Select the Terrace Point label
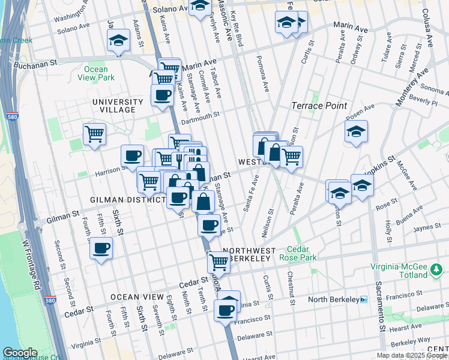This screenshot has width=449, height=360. (x=319, y=106)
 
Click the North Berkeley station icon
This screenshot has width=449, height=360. (x=363, y=299)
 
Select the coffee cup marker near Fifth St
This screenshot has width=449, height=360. (x=101, y=247)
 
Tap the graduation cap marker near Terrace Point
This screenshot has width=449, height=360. (x=356, y=131)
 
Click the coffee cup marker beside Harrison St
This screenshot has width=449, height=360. (x=132, y=155)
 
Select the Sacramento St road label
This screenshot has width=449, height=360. (x=380, y=306)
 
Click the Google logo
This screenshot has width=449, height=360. (x=20, y=353)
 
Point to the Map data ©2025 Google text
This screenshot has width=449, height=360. (x=412, y=355)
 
